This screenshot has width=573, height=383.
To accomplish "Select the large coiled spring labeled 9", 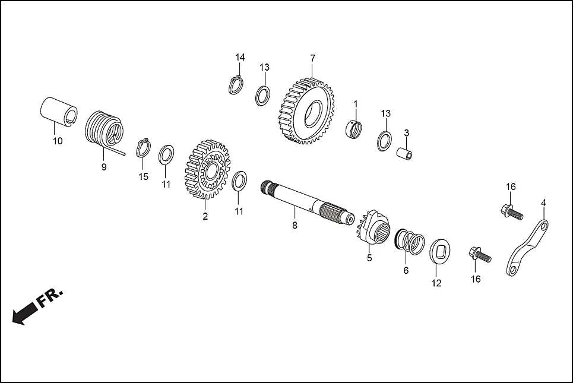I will point(105,130).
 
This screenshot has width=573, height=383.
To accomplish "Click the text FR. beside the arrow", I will point(51,299).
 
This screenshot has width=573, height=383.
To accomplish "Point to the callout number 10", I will point(58,141).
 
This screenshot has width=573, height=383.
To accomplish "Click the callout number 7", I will point(312,58).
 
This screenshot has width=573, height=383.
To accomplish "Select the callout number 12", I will point(436,283).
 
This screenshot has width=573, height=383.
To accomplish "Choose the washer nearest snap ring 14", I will point(263,95).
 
